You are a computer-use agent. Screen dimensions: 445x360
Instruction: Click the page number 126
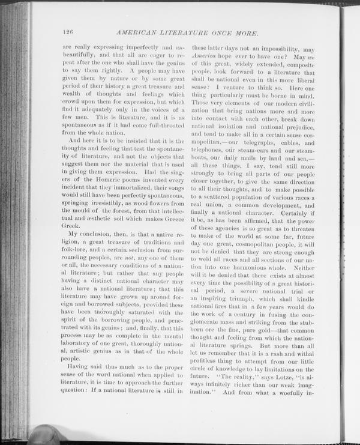67,32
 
